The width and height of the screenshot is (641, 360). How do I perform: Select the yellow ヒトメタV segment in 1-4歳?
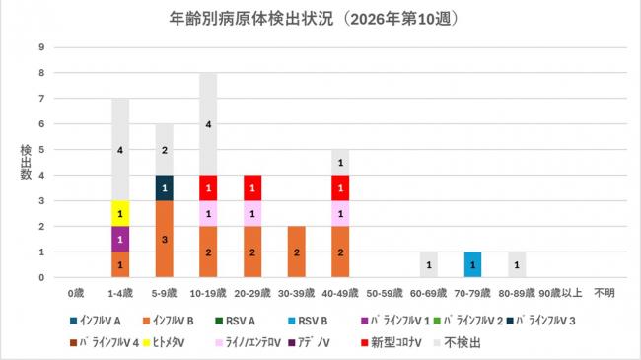pyautogui.click(x=120, y=214)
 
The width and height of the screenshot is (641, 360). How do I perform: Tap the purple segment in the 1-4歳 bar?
pyautogui.click(x=120, y=240)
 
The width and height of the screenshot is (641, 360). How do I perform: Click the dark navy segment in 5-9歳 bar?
pyautogui.click(x=165, y=188)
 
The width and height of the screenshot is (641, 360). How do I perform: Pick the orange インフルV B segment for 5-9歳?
pyautogui.click(x=165, y=240)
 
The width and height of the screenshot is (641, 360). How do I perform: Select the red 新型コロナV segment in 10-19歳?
pyautogui.click(x=209, y=188)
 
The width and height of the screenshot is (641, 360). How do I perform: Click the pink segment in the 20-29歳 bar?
pyautogui.click(x=252, y=214)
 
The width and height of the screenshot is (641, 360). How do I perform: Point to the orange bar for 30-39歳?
pyautogui.click(x=297, y=252)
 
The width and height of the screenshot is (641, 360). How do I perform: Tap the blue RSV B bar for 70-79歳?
pyautogui.click(x=472, y=265)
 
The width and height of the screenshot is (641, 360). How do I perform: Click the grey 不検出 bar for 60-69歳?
pyautogui.click(x=428, y=265)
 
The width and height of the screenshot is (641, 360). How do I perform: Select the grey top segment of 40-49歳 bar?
pyautogui.click(x=340, y=163)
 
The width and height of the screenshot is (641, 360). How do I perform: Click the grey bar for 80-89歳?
pyautogui.click(x=516, y=265)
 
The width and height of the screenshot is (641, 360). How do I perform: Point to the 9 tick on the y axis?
pyautogui.click(x=40, y=47)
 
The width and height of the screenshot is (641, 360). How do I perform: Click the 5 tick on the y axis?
pyautogui.click(x=40, y=150)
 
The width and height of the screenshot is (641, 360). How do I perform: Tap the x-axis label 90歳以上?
pyautogui.click(x=560, y=293)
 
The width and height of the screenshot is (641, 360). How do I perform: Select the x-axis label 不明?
pyautogui.click(x=604, y=293)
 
